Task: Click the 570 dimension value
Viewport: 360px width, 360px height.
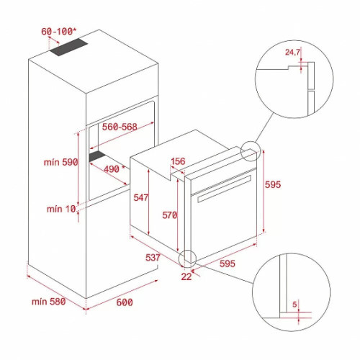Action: (x=170, y=214)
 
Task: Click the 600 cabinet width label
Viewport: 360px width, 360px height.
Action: (x=125, y=302)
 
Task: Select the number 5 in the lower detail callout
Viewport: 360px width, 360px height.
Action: (x=294, y=305)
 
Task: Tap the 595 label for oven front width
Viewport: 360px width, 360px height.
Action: (x=228, y=264)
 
